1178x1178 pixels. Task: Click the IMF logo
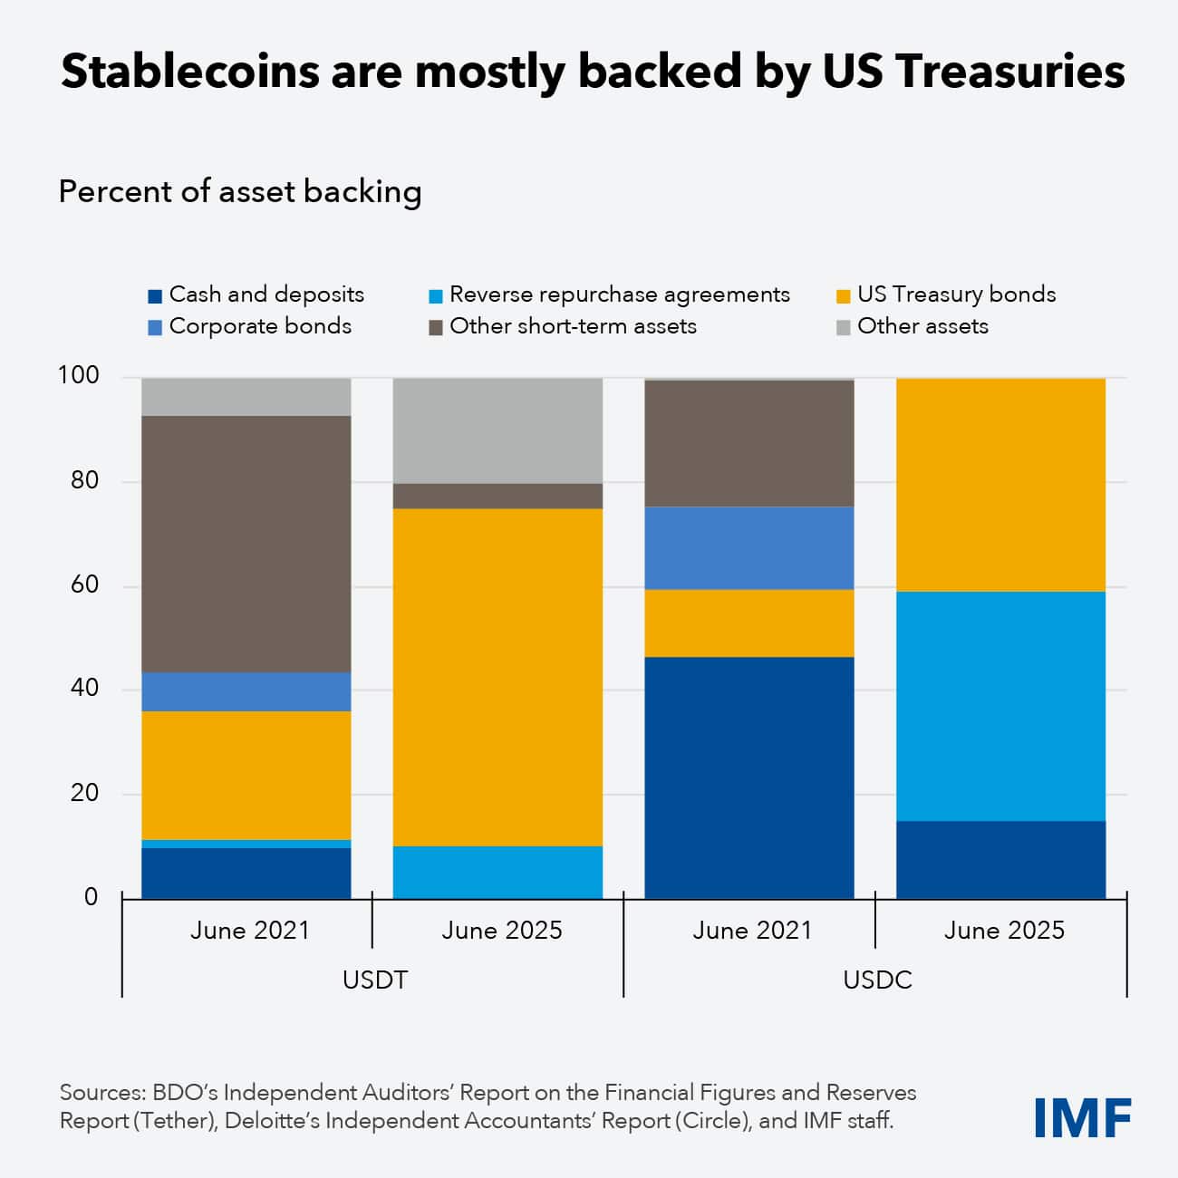(x=1083, y=1117)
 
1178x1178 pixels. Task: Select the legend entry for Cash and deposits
(x=256, y=294)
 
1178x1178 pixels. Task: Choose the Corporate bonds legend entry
(x=250, y=326)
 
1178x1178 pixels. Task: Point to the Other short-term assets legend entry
(x=563, y=326)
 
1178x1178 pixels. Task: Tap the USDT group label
(x=374, y=980)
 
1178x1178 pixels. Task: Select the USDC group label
(x=877, y=980)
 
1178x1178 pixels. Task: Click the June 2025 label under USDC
(x=1004, y=931)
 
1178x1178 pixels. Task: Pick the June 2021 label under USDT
(x=249, y=931)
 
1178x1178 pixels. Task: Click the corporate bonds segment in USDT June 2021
(x=246, y=691)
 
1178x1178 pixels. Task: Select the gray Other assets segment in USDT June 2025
(x=497, y=430)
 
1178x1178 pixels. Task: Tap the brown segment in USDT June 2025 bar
(x=497, y=496)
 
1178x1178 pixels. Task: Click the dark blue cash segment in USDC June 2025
(x=1000, y=859)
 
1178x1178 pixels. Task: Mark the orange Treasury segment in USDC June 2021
(x=749, y=623)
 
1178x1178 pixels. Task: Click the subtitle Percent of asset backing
(x=240, y=192)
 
